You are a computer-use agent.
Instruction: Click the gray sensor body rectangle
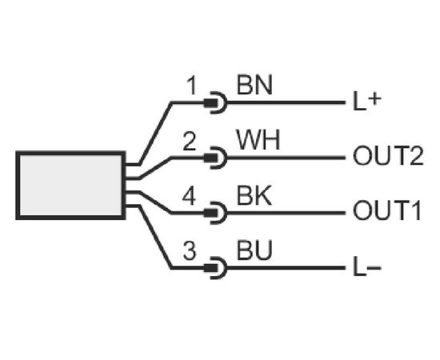[x=70, y=186]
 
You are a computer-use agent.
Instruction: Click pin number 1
[x=192, y=86]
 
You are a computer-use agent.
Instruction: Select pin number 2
[x=189, y=141]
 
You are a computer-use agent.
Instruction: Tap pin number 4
[x=189, y=196]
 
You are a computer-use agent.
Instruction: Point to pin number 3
[x=190, y=250]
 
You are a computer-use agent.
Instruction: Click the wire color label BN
[x=254, y=85]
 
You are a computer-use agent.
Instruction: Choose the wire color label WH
[x=258, y=140]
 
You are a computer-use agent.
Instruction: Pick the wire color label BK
[x=254, y=195]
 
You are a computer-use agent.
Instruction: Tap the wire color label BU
[x=254, y=250]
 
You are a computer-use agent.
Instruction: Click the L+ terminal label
[x=367, y=102]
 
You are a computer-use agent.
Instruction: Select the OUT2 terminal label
[x=388, y=156]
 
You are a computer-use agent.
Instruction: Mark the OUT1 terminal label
[x=387, y=210]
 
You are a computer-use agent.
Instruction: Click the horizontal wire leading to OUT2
[x=286, y=158]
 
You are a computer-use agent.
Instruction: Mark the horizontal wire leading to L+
[x=286, y=102]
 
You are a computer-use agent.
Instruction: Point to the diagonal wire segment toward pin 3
[x=154, y=238]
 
